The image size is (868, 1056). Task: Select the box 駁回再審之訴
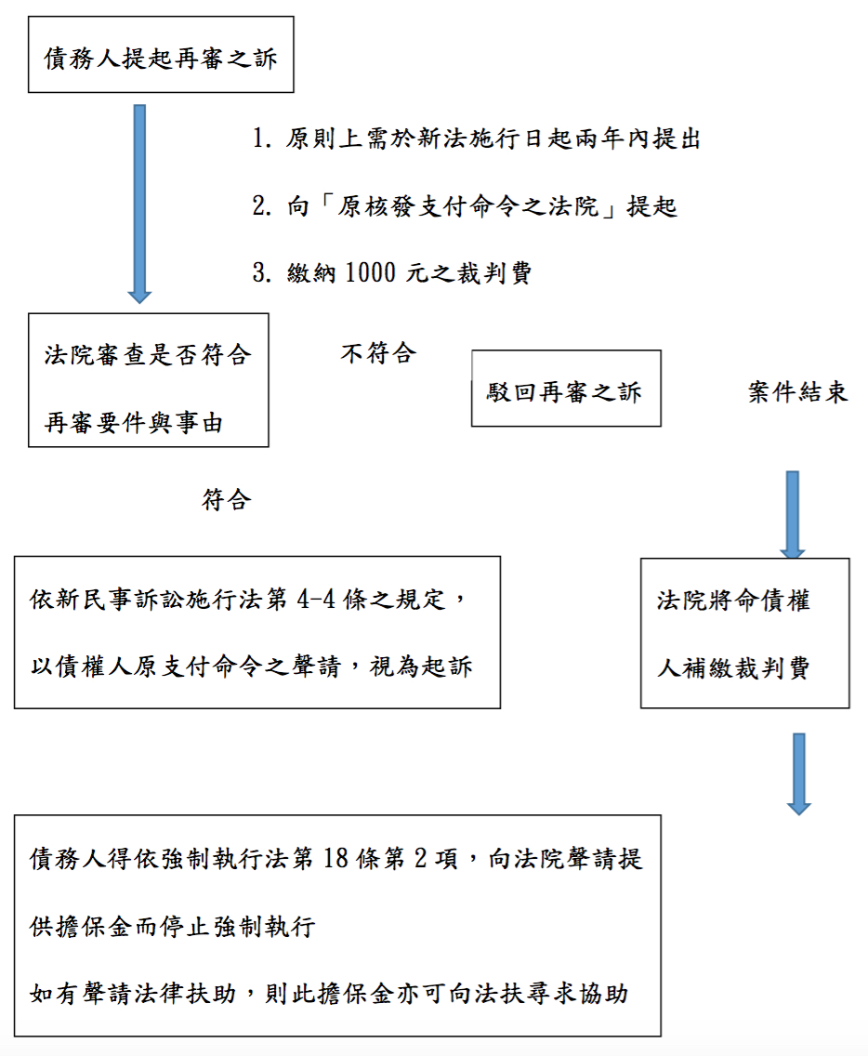pos(565,389)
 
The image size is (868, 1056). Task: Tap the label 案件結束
pos(798,391)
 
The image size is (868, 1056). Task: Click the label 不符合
pos(377,353)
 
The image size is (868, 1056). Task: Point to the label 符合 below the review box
pos(227,499)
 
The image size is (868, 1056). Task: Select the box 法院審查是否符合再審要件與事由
pos(149,380)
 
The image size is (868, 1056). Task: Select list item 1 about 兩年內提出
pos(476,139)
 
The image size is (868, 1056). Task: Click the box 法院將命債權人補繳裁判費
pos(744,633)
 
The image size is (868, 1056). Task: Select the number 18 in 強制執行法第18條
pos(338,858)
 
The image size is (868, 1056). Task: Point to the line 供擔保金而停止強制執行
pos(173,927)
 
